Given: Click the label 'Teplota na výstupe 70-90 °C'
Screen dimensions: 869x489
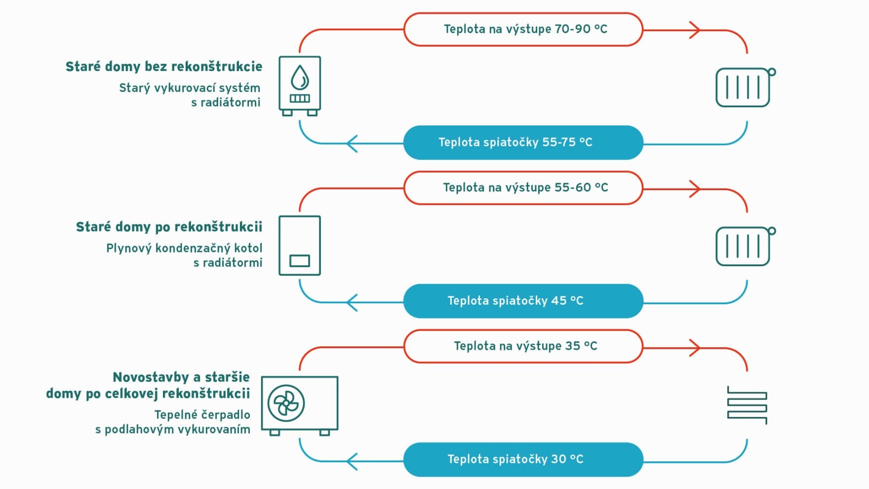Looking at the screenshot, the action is coord(525,29).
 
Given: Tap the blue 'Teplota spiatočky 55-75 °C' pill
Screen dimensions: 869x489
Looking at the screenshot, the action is coord(523,142).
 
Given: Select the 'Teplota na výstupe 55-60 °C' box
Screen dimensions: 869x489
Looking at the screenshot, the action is coord(523,188).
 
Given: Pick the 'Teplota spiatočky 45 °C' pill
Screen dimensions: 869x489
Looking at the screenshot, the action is coord(523,301).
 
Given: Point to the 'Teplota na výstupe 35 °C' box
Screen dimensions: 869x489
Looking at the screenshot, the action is coord(523,346).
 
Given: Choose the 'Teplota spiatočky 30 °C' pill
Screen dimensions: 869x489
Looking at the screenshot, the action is coord(523,459).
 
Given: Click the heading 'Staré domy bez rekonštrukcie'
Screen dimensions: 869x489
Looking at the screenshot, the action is coord(164,67).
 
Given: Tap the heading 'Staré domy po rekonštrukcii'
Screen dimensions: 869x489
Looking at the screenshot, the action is coord(169,227).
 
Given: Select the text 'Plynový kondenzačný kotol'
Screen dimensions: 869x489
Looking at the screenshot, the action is coord(184,248).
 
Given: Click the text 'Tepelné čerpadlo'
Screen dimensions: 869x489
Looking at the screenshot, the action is coord(202,414).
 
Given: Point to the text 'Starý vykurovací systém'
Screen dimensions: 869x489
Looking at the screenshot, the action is coord(190,88).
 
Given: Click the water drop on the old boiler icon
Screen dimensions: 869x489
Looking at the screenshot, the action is coord(300,77).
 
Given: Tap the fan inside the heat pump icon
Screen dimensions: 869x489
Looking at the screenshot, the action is coord(286,403).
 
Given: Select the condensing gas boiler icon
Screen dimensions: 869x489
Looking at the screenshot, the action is coord(300,245).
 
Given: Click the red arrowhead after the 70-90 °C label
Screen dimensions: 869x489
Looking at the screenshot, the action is coord(695,30).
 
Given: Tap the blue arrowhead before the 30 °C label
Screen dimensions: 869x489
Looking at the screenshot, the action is coord(352,462).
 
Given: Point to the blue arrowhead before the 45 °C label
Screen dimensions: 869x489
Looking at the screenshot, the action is coord(352,303).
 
